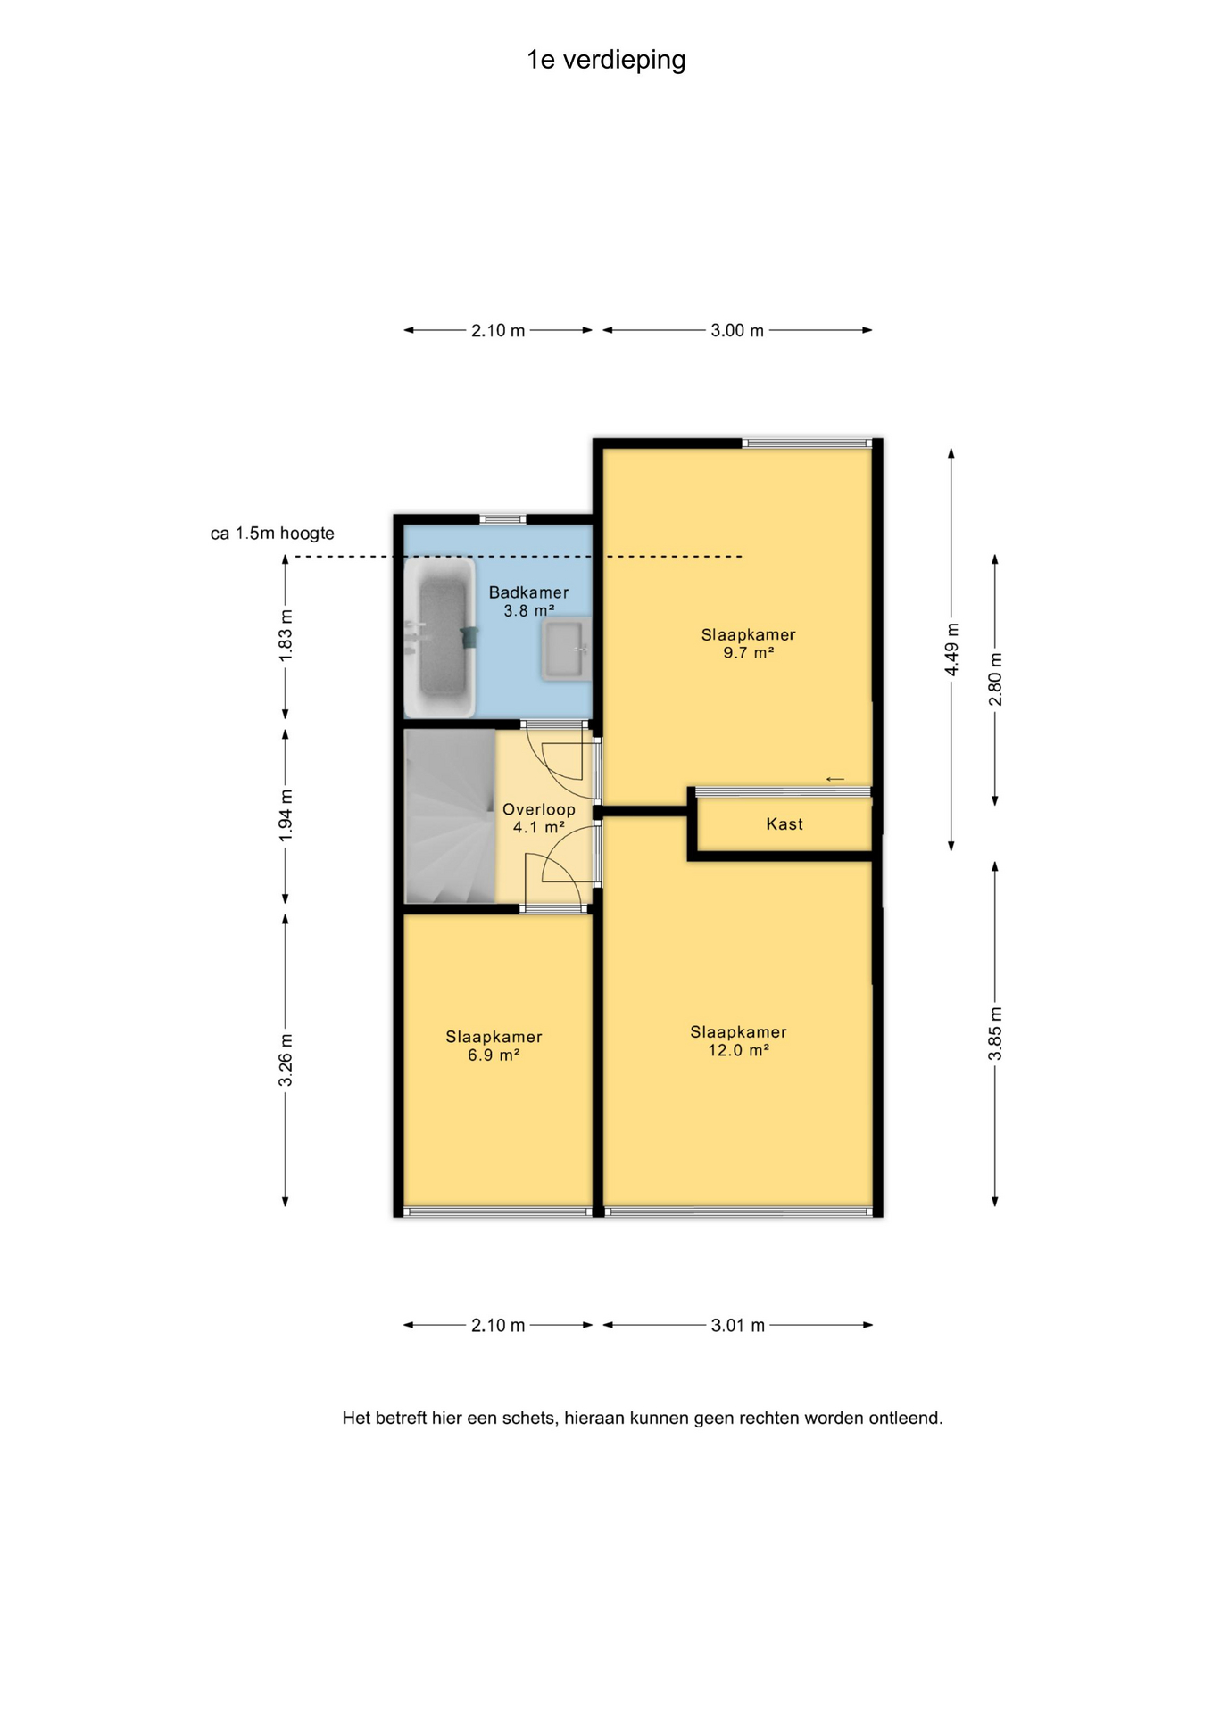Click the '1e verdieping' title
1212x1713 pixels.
coord(606,60)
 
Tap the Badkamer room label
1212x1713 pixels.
coord(528,592)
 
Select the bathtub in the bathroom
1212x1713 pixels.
coord(441,637)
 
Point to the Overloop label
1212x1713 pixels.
coord(538,809)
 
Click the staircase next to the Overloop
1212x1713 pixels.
coord(450,816)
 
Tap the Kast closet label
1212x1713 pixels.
coord(784,824)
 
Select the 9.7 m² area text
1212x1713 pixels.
coord(748,653)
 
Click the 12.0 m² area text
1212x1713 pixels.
coord(739,1050)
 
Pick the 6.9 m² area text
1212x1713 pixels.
coord(494,1055)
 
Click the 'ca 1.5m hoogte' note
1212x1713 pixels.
coord(272,534)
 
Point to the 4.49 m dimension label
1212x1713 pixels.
coord(951,649)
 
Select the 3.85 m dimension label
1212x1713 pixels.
coord(995,1033)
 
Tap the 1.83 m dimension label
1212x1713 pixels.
coord(286,635)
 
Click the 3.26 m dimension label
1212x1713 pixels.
coord(286,1060)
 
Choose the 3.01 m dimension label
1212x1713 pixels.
coord(738,1325)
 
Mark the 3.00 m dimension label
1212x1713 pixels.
coord(737,330)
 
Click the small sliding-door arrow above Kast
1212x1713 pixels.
coord(834,779)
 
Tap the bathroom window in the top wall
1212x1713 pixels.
coord(502,519)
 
